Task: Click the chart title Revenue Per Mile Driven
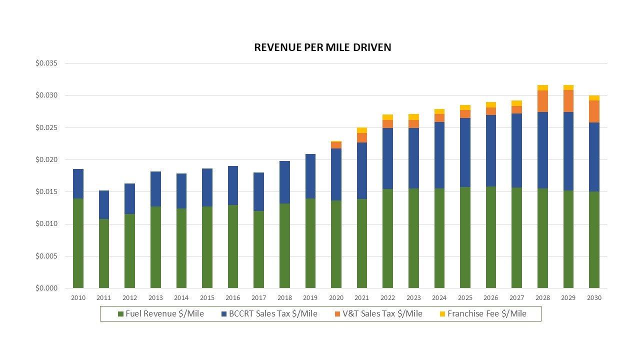click(x=322, y=47)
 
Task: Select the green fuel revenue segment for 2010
click(x=78, y=243)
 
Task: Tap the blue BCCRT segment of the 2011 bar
click(x=104, y=204)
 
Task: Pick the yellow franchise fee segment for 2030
click(x=594, y=98)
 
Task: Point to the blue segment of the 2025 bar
click(x=465, y=152)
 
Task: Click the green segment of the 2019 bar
click(x=310, y=243)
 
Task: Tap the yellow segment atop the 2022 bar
click(x=387, y=117)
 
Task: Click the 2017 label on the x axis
click(x=258, y=298)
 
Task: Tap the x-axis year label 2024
click(x=439, y=298)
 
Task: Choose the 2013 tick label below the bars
click(x=155, y=298)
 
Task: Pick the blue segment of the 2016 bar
click(x=233, y=185)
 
